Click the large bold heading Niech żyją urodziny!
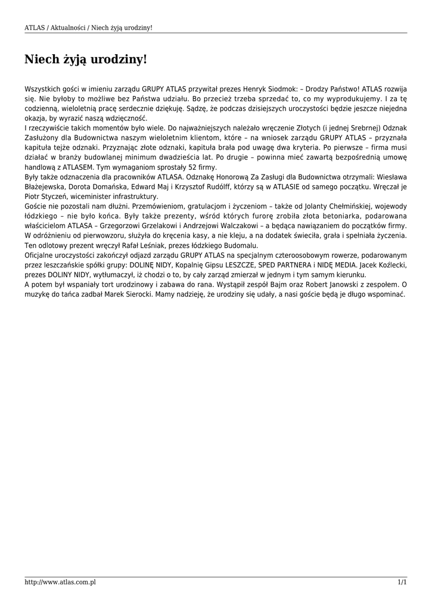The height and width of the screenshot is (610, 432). click(85, 60)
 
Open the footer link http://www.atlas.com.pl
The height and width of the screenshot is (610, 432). click(60, 582)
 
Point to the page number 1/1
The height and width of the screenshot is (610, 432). click(402, 582)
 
